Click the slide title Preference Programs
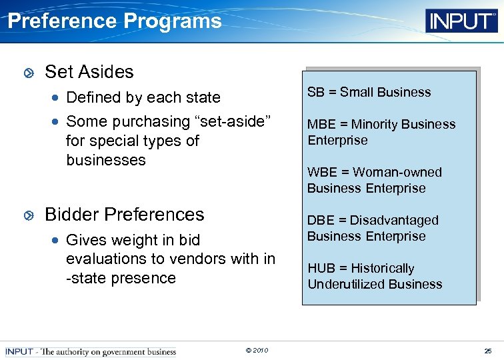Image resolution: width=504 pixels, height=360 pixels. (x=114, y=21)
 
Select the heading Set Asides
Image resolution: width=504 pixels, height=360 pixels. (x=89, y=72)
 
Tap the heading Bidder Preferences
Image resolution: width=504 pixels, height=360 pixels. (x=124, y=215)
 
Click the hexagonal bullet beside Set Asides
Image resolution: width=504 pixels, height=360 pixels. (x=28, y=73)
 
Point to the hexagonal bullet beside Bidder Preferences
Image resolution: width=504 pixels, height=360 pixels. (x=28, y=215)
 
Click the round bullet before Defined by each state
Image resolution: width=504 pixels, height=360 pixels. (x=57, y=98)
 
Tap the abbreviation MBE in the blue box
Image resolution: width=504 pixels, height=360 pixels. (x=321, y=125)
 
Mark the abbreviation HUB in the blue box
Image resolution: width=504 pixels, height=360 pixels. (x=321, y=269)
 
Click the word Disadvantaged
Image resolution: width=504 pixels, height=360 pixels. (x=394, y=221)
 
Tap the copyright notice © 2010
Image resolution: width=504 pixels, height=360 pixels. (x=257, y=351)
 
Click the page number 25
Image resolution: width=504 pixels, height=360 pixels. (x=489, y=351)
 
